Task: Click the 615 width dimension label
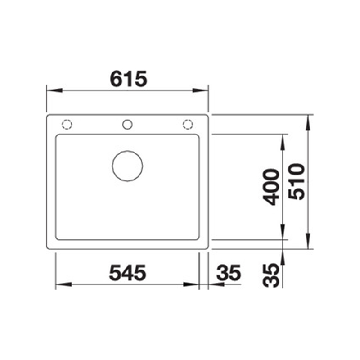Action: (129, 79)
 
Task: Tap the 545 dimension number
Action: (128, 273)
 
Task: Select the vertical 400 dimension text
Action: (271, 187)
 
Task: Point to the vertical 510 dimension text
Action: (297, 182)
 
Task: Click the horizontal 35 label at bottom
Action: (229, 273)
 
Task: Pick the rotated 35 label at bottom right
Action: (271, 275)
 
